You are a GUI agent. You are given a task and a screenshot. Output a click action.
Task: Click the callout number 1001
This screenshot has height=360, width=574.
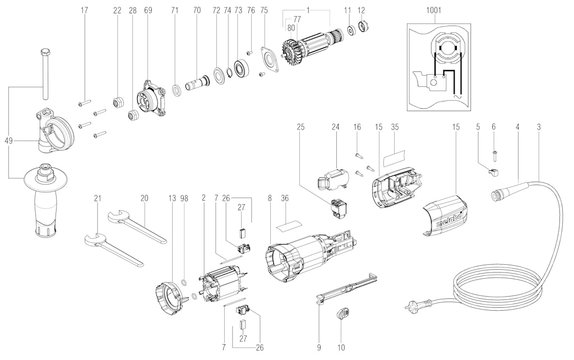(x=433, y=10)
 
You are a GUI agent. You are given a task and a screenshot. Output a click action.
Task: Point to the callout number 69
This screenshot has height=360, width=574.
(x=148, y=10)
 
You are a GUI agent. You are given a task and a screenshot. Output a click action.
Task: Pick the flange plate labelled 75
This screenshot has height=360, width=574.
(x=270, y=59)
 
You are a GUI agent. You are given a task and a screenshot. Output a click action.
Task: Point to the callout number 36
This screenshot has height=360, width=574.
(x=285, y=199)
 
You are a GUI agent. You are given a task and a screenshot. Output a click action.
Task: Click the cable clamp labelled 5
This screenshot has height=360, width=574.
(x=492, y=172)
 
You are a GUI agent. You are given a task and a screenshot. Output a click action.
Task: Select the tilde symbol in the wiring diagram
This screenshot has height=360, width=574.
(x=457, y=95)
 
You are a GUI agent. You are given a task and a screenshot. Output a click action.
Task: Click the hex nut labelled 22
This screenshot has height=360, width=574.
(x=117, y=102)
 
